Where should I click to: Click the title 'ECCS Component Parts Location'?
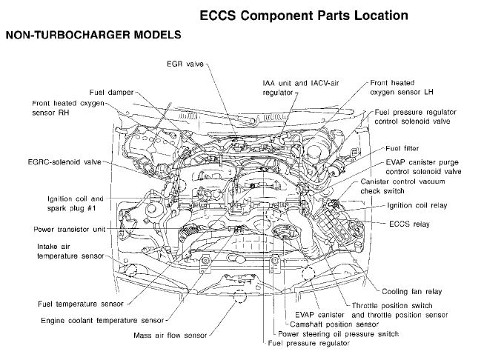click(x=305, y=14)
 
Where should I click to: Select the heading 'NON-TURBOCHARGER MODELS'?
click(x=93, y=35)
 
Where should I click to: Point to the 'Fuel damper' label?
click(x=113, y=91)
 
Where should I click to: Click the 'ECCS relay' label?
click(x=409, y=221)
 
